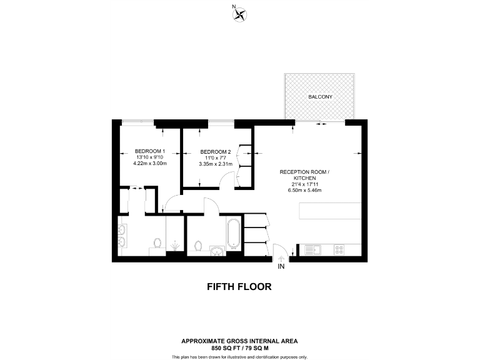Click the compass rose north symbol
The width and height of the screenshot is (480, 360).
237,15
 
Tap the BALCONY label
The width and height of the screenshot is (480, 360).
319,97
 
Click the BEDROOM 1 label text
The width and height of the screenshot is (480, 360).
150,151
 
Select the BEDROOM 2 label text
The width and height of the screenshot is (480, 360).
216,152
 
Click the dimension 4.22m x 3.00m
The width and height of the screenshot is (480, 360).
150,164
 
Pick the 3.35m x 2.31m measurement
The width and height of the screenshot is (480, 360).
216,164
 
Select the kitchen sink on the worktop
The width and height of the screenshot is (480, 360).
312,249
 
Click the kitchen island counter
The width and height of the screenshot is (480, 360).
330,211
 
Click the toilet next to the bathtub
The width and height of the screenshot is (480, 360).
199,246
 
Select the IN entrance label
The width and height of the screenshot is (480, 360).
281,266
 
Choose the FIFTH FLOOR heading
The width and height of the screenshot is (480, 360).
239,287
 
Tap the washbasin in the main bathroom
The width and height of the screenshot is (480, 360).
216,251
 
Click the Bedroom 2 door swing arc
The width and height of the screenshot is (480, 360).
229,180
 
